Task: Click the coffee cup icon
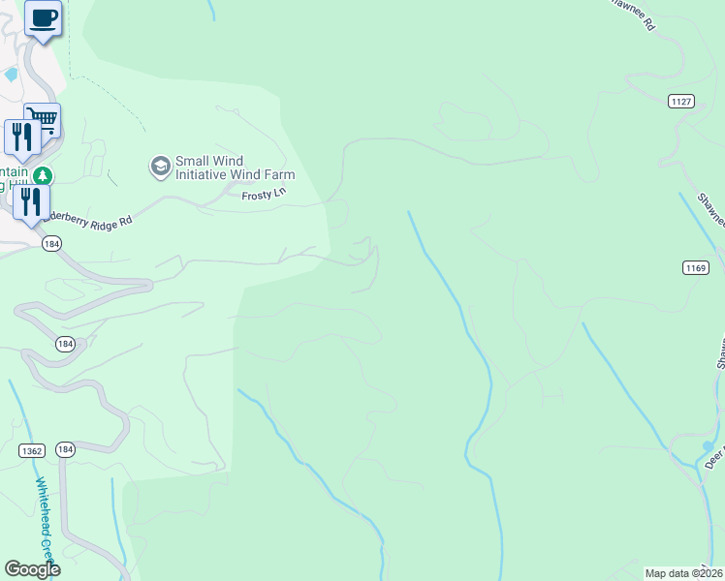43,18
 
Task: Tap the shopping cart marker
42,120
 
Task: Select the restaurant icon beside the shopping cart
21,137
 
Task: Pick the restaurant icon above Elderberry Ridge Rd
31,201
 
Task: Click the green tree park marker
42,175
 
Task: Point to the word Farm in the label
280,174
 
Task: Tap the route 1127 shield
681,101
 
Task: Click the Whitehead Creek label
47,514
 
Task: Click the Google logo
32,569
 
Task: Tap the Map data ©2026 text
683,573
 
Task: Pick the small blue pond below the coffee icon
12,74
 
